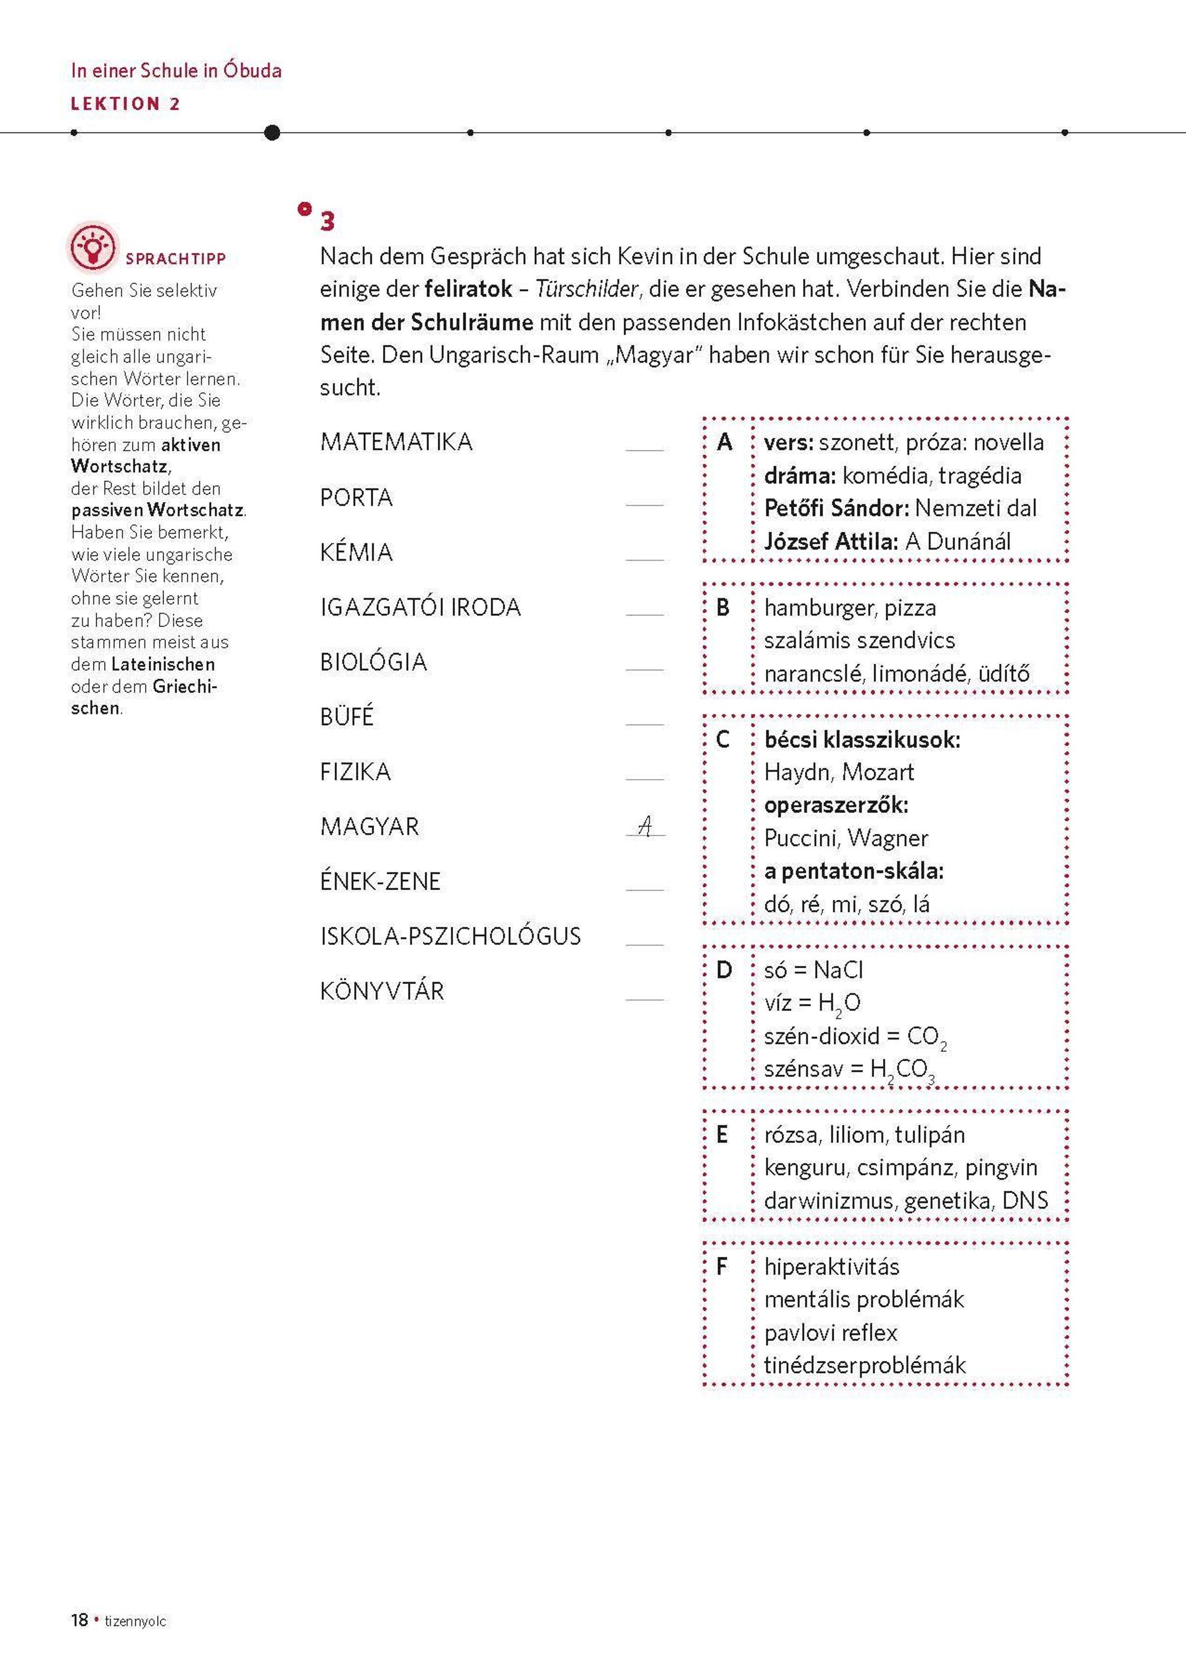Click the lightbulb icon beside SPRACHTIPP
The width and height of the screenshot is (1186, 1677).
[93, 246]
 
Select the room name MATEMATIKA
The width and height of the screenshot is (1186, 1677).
[396, 442]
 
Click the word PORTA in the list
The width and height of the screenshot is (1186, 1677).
[356, 497]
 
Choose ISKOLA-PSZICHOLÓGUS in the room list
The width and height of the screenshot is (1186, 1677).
[450, 937]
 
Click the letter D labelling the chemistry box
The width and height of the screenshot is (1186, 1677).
[724, 970]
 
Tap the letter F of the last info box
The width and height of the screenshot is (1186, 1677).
[722, 1266]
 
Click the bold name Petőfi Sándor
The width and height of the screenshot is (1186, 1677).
[836, 509]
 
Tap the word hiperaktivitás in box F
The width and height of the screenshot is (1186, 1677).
[831, 1266]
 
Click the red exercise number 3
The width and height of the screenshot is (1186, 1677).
[327, 221]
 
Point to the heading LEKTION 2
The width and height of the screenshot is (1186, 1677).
[125, 104]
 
